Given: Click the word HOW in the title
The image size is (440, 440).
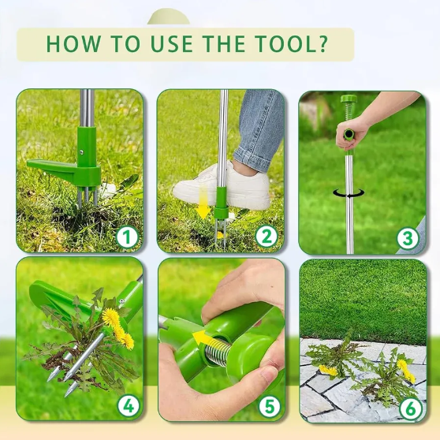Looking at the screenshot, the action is tap(73, 43).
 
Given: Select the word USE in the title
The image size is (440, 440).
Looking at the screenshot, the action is tap(172, 43).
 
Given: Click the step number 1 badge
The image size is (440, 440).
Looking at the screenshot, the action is tap(127, 237).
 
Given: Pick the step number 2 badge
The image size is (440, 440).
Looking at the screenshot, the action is tap(266, 237).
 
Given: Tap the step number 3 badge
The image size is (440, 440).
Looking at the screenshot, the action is tap(407, 239).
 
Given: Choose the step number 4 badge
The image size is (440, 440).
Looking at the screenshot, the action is tap(129, 406).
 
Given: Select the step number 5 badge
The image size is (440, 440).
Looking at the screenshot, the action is tap(270, 406).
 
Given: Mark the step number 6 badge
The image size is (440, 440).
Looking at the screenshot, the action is tap(411, 408).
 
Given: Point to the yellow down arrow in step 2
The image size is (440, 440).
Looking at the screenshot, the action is tap(204, 204).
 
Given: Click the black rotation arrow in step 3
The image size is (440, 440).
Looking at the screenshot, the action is tap(349, 193).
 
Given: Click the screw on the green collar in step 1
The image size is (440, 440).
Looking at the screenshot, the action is tap(81, 152).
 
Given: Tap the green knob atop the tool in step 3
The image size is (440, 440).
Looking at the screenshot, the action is tap(349, 99).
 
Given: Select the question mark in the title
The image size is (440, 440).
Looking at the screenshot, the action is tap(323, 43).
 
